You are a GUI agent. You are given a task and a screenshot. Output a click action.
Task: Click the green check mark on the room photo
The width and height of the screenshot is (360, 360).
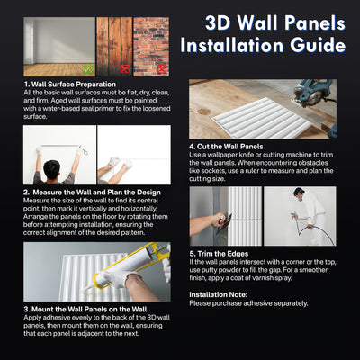pyautogui.click(x=85, y=68)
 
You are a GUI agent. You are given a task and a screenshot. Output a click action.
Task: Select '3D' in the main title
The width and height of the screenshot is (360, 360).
pyautogui.click(x=220, y=19)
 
